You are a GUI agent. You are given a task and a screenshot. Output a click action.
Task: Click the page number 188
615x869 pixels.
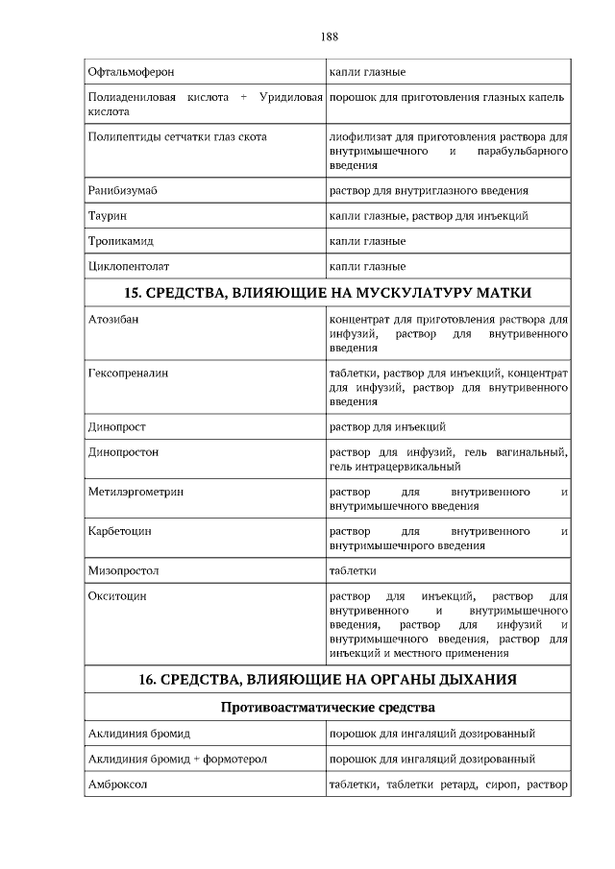pos(329,37)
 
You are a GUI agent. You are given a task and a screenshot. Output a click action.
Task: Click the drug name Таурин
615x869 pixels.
pos(108,216)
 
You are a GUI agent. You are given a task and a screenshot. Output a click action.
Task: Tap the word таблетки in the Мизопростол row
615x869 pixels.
pos(353,570)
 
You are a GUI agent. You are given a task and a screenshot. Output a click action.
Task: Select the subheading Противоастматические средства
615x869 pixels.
pos(329,709)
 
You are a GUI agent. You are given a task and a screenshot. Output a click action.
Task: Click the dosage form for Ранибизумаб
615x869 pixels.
pos(429,191)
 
